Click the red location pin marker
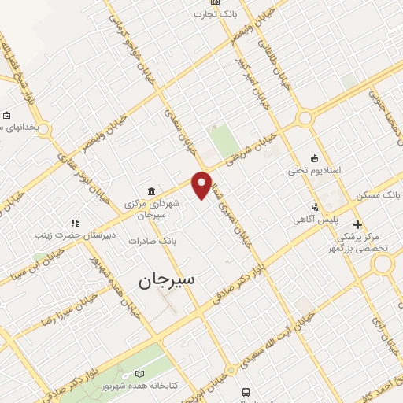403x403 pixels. pos(201,184)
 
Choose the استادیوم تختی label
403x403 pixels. pos(313,170)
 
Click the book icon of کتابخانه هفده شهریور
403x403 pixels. pos(140,373)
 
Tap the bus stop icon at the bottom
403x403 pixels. pos(246,392)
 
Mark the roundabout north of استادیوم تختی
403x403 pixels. pos(303,119)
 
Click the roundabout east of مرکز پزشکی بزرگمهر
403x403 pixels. pos(383,265)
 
